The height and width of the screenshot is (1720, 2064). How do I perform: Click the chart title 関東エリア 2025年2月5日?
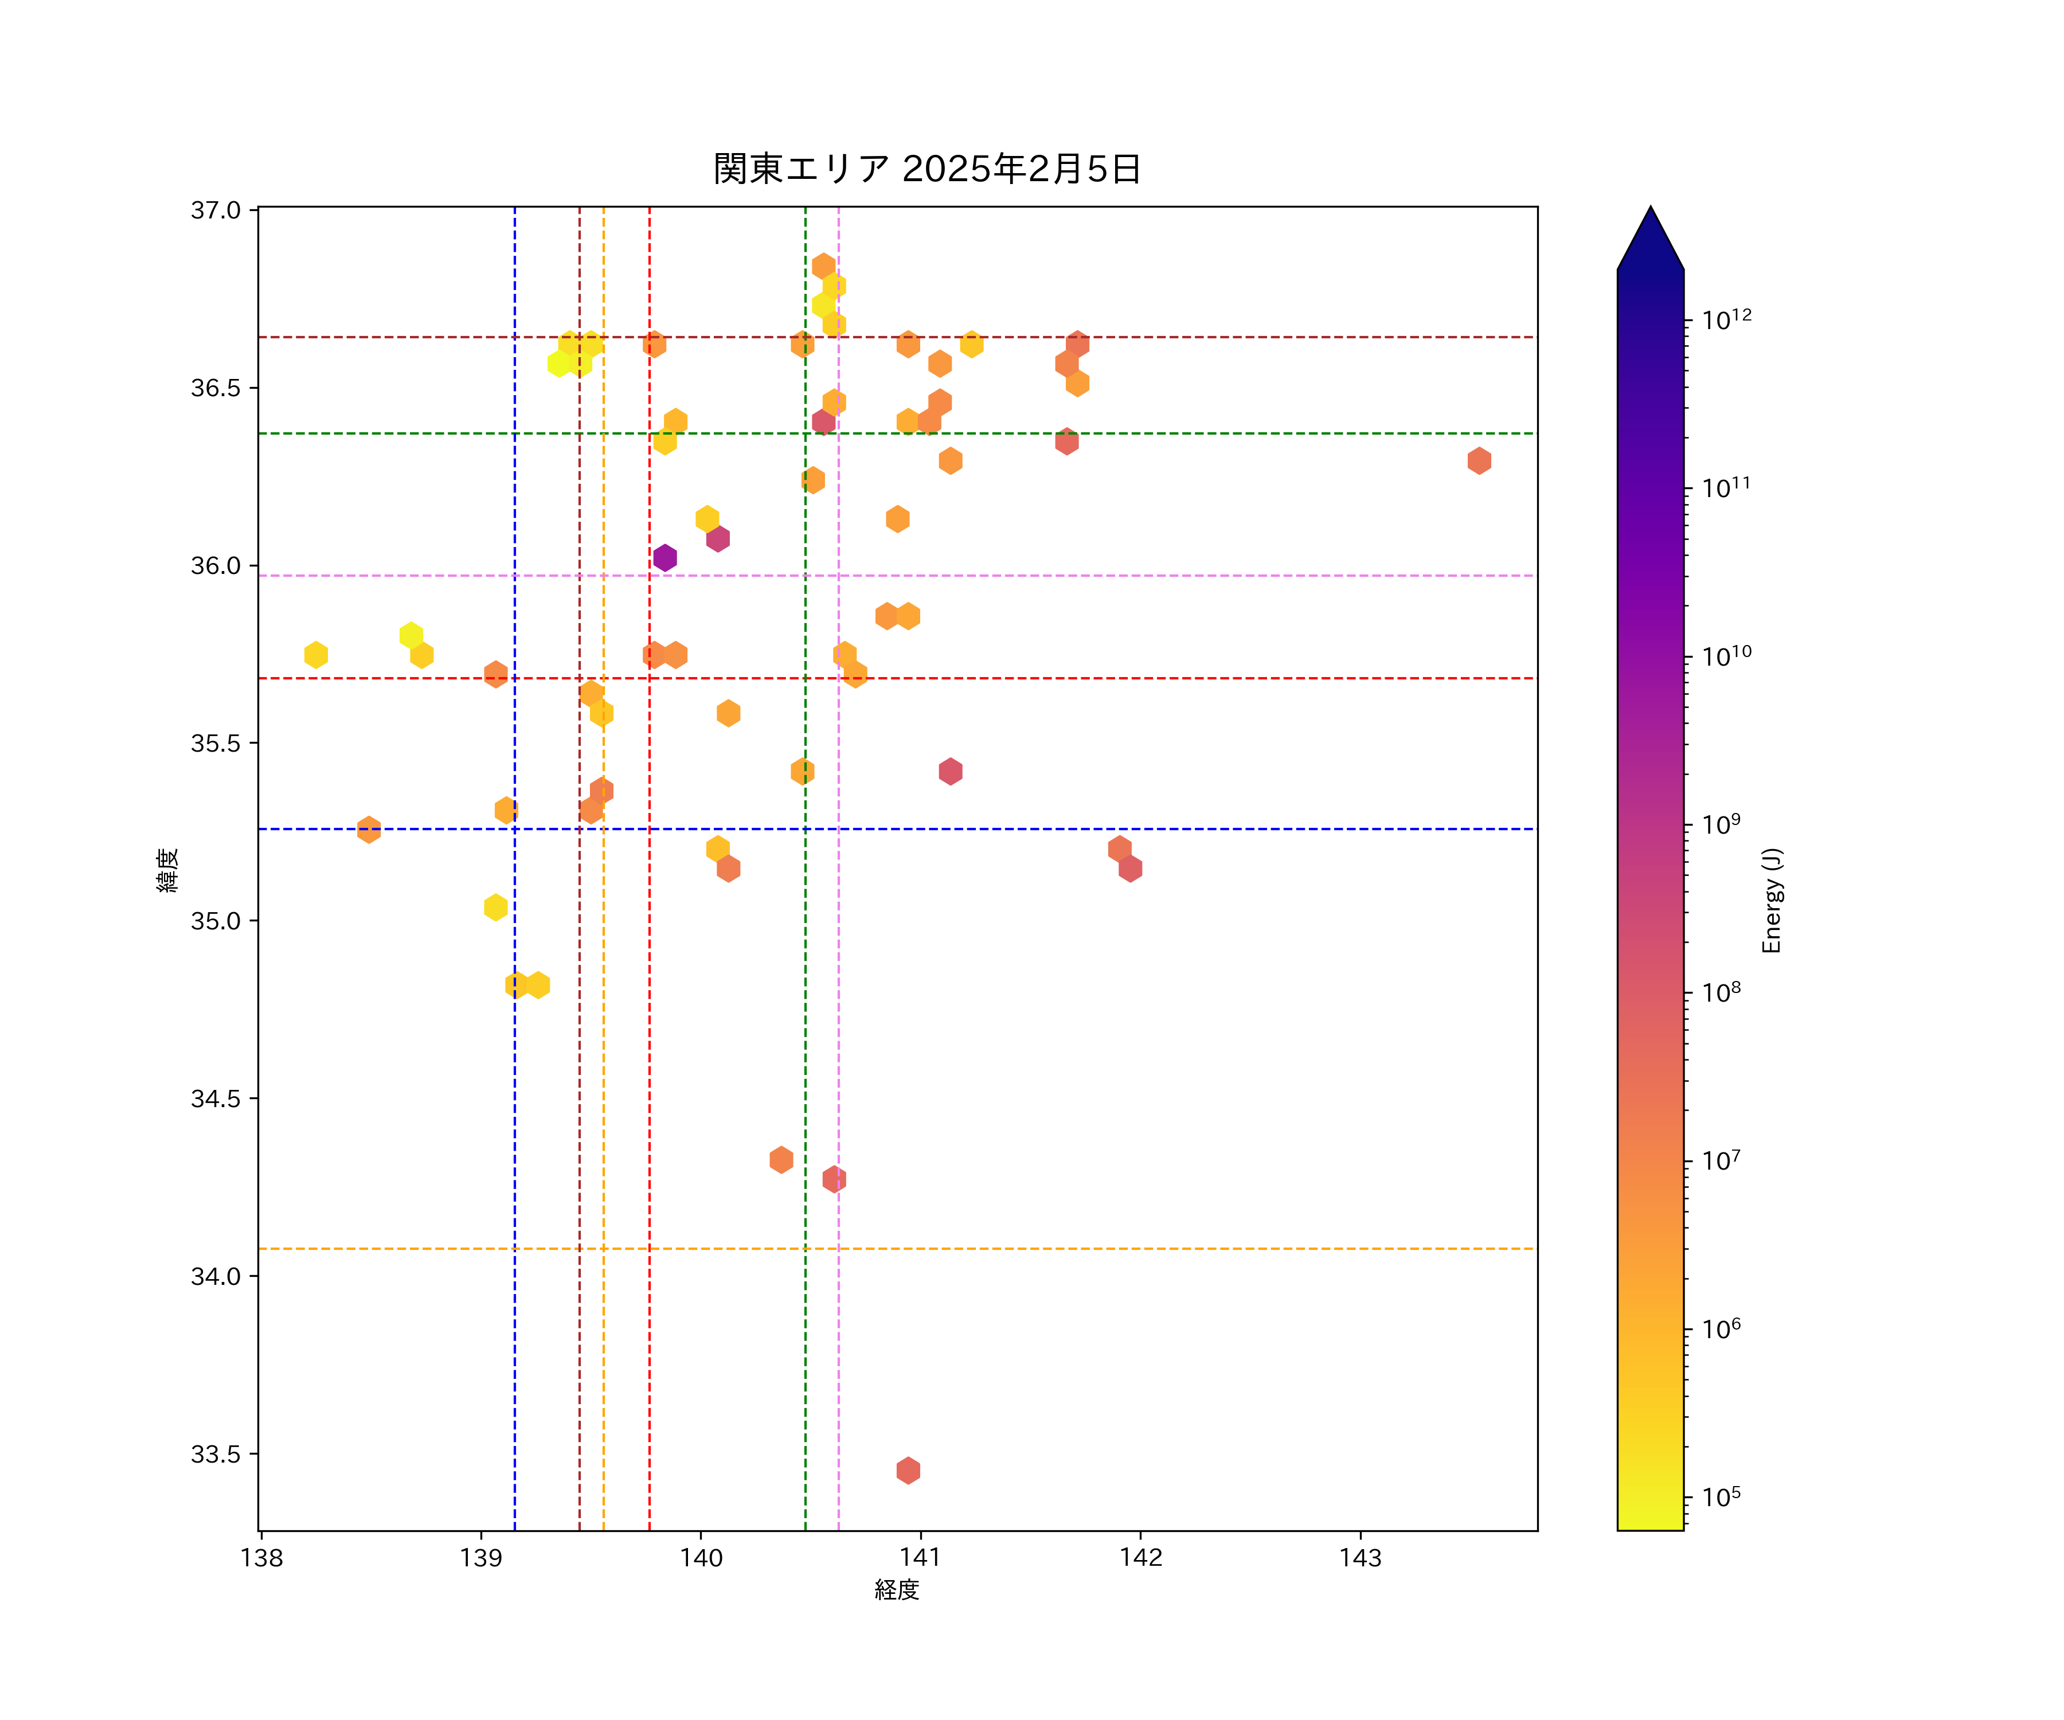[x=927, y=169]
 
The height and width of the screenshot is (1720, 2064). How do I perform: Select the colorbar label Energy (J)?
[x=1771, y=900]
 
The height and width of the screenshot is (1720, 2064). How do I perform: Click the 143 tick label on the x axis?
[x=1361, y=1558]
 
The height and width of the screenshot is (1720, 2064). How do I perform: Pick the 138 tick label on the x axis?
[x=261, y=1558]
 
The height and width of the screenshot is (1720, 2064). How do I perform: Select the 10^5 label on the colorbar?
[x=1721, y=1497]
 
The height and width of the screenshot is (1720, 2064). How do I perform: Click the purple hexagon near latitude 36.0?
[x=664, y=557]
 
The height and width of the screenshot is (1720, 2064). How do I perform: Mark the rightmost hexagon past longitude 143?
[x=1478, y=460]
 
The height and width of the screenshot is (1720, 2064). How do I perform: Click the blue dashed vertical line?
[x=515, y=1081]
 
